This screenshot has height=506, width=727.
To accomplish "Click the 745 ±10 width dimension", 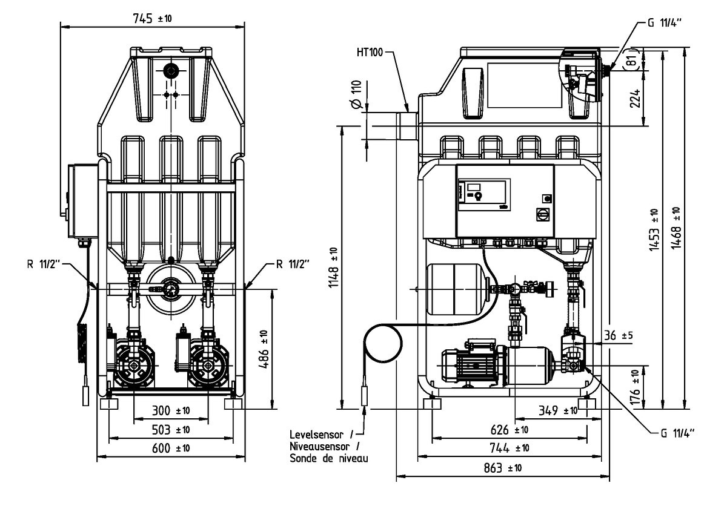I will (x=152, y=18).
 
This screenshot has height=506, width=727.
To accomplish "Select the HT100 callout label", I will (x=369, y=53).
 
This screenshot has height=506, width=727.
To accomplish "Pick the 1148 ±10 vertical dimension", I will (x=333, y=266).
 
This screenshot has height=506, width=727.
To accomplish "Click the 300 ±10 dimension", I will (x=170, y=411).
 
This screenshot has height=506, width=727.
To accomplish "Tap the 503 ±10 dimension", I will (x=170, y=430).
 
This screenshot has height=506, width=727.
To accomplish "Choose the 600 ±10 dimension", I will (x=170, y=448).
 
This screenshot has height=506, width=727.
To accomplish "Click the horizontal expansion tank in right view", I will (x=454, y=289).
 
